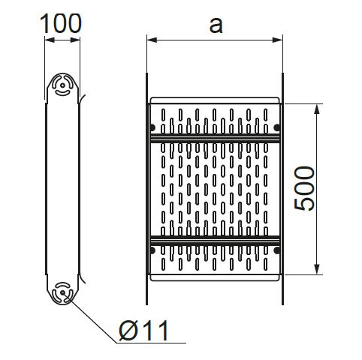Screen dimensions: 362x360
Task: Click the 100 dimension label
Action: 61,23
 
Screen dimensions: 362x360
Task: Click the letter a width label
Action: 216,25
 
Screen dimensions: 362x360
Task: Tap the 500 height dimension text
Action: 304,188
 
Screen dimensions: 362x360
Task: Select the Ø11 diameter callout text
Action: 143,330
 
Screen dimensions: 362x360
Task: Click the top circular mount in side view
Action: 62,85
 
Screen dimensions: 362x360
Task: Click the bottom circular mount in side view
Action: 62,293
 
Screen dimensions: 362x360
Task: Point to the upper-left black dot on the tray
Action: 152,127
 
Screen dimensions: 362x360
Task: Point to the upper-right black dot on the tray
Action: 277,127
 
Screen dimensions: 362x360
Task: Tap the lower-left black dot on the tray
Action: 152,250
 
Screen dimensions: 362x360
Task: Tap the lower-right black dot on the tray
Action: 277,250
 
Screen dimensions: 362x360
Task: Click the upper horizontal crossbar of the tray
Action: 215,138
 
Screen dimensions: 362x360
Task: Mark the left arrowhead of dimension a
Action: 152,40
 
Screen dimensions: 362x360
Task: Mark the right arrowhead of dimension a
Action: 277,40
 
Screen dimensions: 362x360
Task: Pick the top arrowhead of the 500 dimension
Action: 317,109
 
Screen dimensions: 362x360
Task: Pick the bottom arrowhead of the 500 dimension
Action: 317,269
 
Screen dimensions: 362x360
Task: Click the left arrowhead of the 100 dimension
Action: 50,40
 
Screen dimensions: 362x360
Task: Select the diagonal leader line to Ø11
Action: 89,318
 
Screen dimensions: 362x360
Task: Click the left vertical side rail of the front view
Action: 146,189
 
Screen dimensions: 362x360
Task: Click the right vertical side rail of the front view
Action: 282,189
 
